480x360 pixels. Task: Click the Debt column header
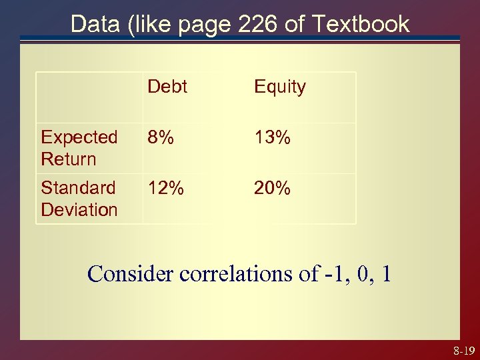tap(167, 87)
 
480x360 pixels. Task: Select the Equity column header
tap(279, 87)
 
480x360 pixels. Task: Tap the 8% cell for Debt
tap(161, 138)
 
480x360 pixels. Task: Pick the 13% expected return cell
tap(271, 138)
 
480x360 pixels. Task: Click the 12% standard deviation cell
tap(166, 189)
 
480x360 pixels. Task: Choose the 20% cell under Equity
tap(272, 189)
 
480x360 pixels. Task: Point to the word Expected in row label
tap(79, 137)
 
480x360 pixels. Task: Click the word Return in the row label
tap(68, 159)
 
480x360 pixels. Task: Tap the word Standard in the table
tap(78, 188)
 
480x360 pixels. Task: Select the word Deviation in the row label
tap(79, 209)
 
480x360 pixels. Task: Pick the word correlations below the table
tap(237, 273)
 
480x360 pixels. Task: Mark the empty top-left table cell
tap(89, 97)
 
